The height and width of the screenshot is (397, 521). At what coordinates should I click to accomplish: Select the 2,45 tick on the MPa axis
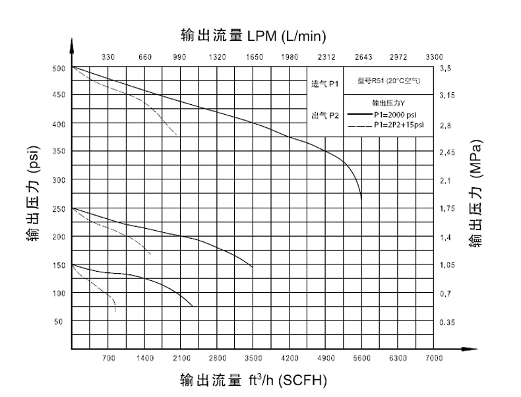pyautogui.click(x=447, y=152)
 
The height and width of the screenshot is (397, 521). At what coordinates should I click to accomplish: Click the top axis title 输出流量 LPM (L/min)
pyautogui.click(x=253, y=34)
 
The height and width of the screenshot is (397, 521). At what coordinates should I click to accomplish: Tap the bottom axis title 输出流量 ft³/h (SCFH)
pyautogui.click(x=253, y=381)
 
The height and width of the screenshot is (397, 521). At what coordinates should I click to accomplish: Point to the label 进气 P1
pyautogui.click(x=324, y=84)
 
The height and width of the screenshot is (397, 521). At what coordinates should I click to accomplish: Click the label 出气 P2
pyautogui.click(x=324, y=115)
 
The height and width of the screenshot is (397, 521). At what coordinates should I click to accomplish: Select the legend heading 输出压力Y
pyautogui.click(x=388, y=102)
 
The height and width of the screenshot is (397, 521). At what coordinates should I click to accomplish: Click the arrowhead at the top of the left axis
pyautogui.click(x=72, y=44)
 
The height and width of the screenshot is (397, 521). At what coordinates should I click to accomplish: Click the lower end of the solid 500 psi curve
pyautogui.click(x=361, y=198)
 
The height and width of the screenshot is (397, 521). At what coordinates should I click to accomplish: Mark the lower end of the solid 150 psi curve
pyautogui.click(x=193, y=307)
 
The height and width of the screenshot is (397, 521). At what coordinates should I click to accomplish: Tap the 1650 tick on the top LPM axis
pyautogui.click(x=254, y=57)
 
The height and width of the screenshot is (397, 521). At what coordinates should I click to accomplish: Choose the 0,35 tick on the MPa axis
pyautogui.click(x=447, y=322)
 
